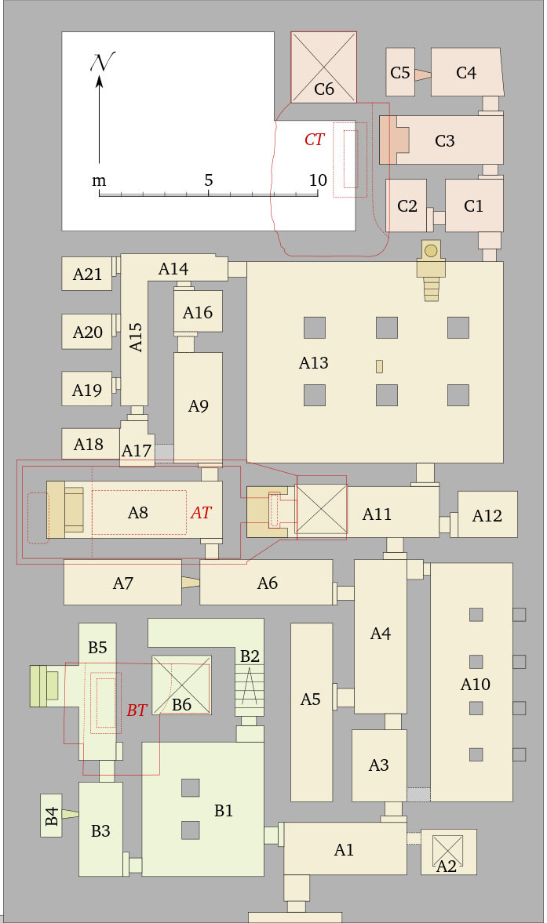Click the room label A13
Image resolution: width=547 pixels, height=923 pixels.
(313, 363)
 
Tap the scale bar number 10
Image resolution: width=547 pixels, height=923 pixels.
(317, 180)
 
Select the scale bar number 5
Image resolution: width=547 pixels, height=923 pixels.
(208, 180)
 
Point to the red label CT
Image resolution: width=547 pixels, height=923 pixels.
(314, 140)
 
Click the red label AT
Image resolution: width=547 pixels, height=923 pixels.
(201, 512)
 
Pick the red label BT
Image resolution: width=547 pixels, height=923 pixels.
(137, 710)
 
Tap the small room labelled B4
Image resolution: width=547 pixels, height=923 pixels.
(52, 816)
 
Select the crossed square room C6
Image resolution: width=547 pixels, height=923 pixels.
(323, 67)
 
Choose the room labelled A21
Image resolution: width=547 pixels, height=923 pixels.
(87, 274)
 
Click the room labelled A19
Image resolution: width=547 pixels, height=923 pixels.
(87, 390)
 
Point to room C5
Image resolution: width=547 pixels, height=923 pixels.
(400, 73)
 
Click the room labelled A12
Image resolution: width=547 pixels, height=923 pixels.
(487, 514)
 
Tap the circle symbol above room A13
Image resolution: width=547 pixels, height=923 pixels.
(430, 251)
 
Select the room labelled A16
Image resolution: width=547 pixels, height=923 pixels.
(198, 312)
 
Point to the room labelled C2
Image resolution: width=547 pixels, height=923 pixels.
(407, 205)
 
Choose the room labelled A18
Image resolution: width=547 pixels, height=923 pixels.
(89, 445)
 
